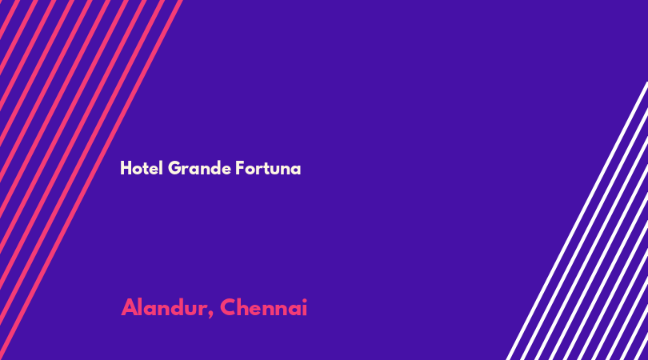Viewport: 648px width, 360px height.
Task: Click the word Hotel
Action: pyautogui.click(x=142, y=168)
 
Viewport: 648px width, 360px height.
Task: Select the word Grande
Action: pyautogui.click(x=200, y=168)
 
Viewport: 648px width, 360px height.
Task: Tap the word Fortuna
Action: pyautogui.click(x=268, y=168)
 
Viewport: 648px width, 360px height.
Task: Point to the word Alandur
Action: pyautogui.click(x=165, y=307)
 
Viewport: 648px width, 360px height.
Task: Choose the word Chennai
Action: pyautogui.click(x=264, y=307)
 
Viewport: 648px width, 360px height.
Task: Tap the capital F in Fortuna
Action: pyautogui.click(x=240, y=168)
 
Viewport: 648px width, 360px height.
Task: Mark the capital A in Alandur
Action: pyautogui.click(x=130, y=307)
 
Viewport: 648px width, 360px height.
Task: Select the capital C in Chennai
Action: pyautogui.click(x=228, y=307)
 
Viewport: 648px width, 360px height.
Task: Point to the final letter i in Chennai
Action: pyautogui.click(x=305, y=307)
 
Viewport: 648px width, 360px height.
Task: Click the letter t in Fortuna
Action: pyautogui.click(x=269, y=168)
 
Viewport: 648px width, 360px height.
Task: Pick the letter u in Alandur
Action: pyautogui.click(x=194, y=310)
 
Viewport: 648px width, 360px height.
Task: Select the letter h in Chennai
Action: pyautogui.click(x=245, y=307)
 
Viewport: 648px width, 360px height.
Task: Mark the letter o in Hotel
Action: pyautogui.click(x=138, y=170)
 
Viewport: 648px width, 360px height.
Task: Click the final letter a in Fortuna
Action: pyautogui.click(x=296, y=170)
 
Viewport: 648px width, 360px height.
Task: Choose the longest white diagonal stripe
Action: pyautogui.click(x=578, y=221)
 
